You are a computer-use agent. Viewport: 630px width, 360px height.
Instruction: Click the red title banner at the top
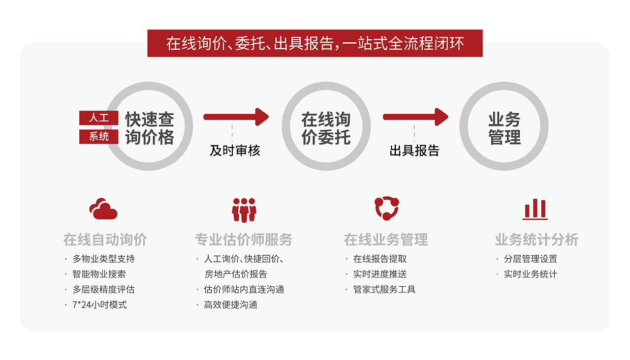[x=315, y=43]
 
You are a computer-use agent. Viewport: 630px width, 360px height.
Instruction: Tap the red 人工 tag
[x=99, y=118]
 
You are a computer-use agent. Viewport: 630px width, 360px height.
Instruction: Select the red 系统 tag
[x=99, y=136]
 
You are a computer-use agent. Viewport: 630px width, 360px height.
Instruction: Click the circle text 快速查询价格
[x=149, y=128]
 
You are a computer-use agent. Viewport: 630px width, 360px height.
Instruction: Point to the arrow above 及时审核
[x=236, y=117]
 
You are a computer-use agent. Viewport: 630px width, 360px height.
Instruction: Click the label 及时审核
[x=235, y=150]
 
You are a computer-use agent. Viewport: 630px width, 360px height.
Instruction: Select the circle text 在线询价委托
[x=326, y=128]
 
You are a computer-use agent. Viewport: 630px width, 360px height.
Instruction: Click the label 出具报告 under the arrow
[x=414, y=150]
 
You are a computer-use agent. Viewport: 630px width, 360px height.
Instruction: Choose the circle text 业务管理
[x=504, y=128]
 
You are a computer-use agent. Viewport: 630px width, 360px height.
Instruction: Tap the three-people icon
[x=244, y=210]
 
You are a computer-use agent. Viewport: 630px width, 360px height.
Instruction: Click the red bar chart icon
[x=535, y=210]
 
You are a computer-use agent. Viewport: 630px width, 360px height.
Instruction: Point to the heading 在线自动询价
[x=105, y=240]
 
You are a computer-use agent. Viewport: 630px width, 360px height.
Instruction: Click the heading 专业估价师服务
[x=244, y=240]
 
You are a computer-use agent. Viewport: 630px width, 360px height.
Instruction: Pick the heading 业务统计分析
[x=536, y=240]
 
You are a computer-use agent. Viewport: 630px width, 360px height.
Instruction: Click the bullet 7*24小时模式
[x=99, y=305]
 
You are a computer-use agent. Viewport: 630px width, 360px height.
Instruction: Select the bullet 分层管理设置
[x=530, y=259]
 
